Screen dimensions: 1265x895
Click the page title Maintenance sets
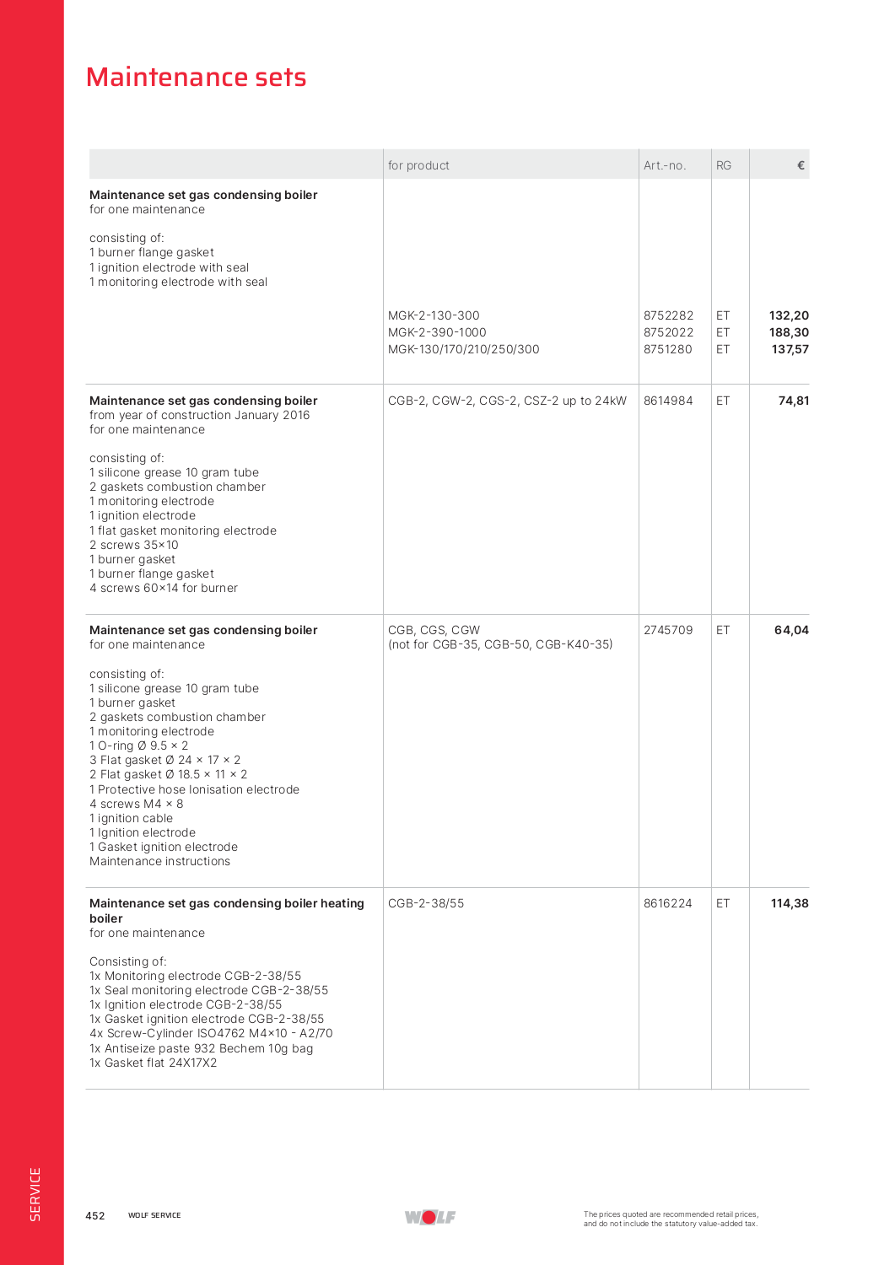click(196, 78)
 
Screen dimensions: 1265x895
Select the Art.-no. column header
click(665, 165)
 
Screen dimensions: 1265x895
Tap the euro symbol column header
click(801, 165)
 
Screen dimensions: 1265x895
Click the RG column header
click(724, 165)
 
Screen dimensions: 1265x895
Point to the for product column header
click(418, 165)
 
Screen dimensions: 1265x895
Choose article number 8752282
click(668, 315)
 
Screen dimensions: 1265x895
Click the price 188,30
click(789, 332)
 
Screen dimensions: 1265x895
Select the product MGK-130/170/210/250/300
click(463, 349)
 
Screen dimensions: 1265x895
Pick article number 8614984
click(668, 401)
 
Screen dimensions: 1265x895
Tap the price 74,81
click(793, 401)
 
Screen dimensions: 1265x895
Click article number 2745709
click(668, 630)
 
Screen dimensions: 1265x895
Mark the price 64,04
click(791, 630)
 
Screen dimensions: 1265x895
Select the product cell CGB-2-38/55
click(426, 903)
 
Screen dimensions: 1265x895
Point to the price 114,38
click(790, 903)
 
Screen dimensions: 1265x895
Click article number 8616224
click(668, 903)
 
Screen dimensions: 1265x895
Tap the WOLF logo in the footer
click(430, 1217)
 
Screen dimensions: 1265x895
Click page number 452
click(95, 1215)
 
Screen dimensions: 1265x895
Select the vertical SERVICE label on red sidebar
click(35, 1193)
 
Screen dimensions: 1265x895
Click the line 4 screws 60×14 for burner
click(164, 588)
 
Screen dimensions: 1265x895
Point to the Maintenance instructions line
click(159, 861)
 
